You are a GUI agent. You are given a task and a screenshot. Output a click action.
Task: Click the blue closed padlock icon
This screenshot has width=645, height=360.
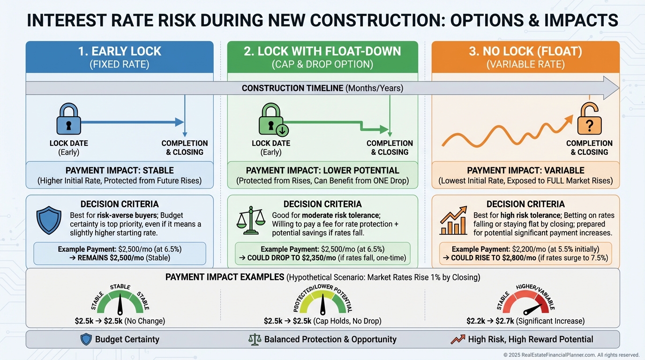(x=68, y=119)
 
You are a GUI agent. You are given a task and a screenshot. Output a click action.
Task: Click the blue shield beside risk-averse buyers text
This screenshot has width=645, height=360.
(x=49, y=220)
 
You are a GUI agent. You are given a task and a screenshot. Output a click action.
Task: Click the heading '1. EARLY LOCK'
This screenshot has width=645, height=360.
(x=120, y=51)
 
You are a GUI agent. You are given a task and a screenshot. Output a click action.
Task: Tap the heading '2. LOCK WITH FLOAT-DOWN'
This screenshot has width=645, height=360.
(x=322, y=51)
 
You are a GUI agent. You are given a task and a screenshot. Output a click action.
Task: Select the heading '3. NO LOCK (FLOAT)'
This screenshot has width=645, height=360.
(x=525, y=51)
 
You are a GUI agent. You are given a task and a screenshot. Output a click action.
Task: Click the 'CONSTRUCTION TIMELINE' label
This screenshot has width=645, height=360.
(x=292, y=88)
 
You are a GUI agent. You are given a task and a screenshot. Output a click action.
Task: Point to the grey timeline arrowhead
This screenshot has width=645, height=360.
(x=610, y=88)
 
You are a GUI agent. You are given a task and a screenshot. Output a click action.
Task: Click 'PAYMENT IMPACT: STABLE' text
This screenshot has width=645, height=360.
(x=120, y=171)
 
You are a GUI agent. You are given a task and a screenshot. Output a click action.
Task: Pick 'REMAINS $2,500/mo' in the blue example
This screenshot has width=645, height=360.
(x=111, y=258)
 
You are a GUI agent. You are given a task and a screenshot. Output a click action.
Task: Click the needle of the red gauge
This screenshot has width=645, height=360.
(x=532, y=310)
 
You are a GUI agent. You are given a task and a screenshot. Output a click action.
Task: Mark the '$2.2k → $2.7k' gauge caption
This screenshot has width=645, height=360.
(x=490, y=321)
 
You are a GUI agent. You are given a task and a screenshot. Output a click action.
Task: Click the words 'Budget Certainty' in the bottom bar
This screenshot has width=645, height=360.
(x=127, y=339)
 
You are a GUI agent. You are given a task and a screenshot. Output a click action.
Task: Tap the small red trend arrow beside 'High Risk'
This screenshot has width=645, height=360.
(x=458, y=339)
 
